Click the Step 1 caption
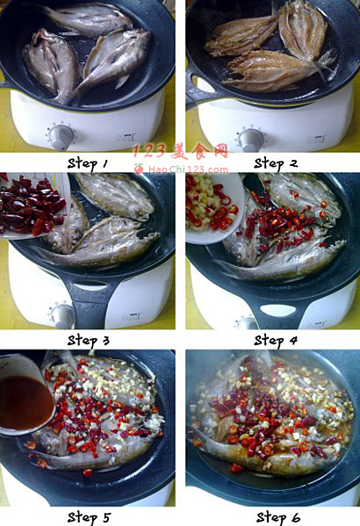[x=88, y=164]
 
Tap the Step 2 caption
[x=276, y=164]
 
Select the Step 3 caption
[x=89, y=341]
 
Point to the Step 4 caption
[x=276, y=341]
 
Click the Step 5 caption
[x=89, y=517]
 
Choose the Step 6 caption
[x=278, y=517]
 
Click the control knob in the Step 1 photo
[x=61, y=137]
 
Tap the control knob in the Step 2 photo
[x=250, y=140]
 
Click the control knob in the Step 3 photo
[x=62, y=315]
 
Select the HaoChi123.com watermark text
[x=188, y=169]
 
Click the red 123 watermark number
[x=149, y=151]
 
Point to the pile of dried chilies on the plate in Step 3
[x=31, y=205]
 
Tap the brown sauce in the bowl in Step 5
[x=25, y=402]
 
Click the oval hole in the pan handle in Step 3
[x=91, y=286]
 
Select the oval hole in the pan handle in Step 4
[x=278, y=310]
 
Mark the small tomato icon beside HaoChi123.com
[x=139, y=169]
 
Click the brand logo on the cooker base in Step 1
[x=126, y=137]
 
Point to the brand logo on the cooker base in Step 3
[x=129, y=315]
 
